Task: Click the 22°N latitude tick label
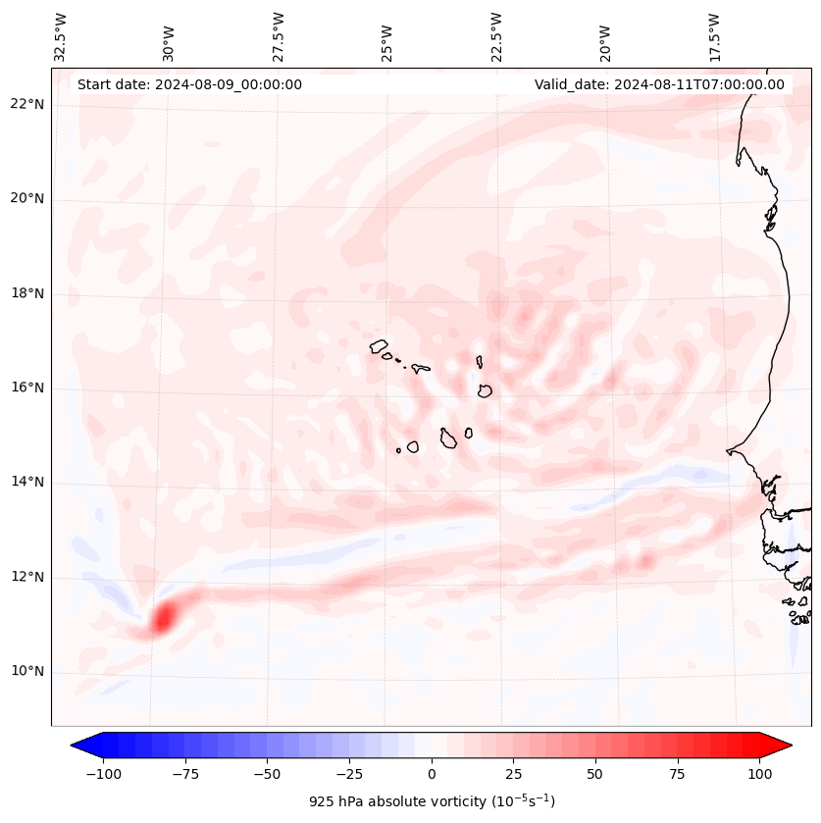tap(28, 105)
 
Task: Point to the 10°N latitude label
tap(28, 672)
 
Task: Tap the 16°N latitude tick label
tap(28, 388)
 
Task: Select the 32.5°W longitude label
tap(61, 38)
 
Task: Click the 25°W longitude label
tap(387, 38)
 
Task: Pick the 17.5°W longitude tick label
tap(714, 38)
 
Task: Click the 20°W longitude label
tap(605, 38)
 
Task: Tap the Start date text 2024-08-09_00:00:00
tap(189, 85)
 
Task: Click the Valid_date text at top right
tap(659, 85)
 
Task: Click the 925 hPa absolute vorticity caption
tap(432, 802)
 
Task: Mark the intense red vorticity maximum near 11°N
tap(163, 617)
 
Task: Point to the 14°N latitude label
tap(28, 483)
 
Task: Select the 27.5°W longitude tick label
tap(279, 38)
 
